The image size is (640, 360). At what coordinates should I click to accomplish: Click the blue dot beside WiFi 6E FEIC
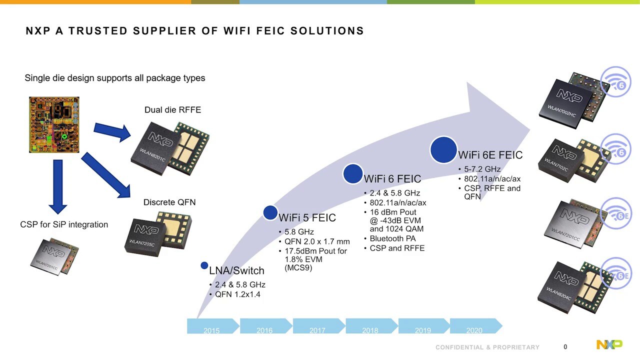pyautogui.click(x=443, y=149)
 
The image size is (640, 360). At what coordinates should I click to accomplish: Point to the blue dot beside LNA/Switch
pyautogui.click(x=204, y=265)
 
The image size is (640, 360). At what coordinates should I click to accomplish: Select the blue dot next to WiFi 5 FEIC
pyautogui.click(x=270, y=213)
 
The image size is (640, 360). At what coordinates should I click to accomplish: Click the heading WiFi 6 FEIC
pyautogui.click(x=392, y=179)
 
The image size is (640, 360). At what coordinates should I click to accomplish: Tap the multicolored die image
pyautogui.click(x=54, y=124)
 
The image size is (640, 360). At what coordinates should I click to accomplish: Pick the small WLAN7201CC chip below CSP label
pyautogui.click(x=54, y=255)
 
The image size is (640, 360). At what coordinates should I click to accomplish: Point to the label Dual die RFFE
pyautogui.click(x=172, y=110)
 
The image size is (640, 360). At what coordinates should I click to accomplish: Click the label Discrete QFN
pyautogui.click(x=169, y=202)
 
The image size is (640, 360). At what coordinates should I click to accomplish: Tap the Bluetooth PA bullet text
pyautogui.click(x=392, y=238)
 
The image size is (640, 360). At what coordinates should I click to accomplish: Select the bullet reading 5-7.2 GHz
pyautogui.click(x=482, y=169)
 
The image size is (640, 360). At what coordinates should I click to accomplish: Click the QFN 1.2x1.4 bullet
pyautogui.click(x=237, y=294)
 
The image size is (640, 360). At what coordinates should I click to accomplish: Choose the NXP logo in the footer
pyautogui.click(x=609, y=344)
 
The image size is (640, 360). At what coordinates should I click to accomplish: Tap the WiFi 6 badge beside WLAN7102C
pyautogui.click(x=615, y=149)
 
